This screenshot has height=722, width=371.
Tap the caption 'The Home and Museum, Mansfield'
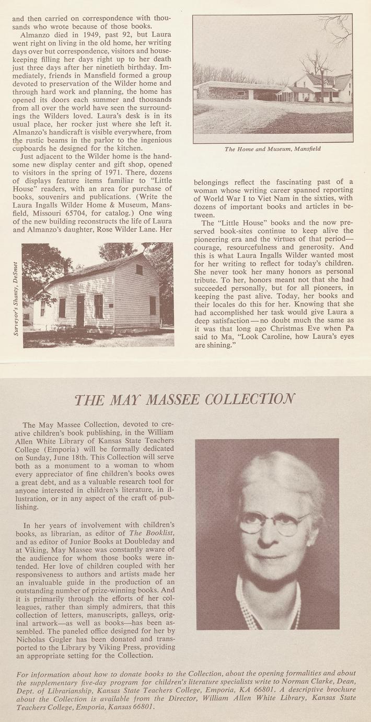(272, 149)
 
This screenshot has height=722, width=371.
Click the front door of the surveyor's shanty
(80, 311)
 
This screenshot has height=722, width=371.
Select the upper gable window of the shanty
(140, 269)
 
